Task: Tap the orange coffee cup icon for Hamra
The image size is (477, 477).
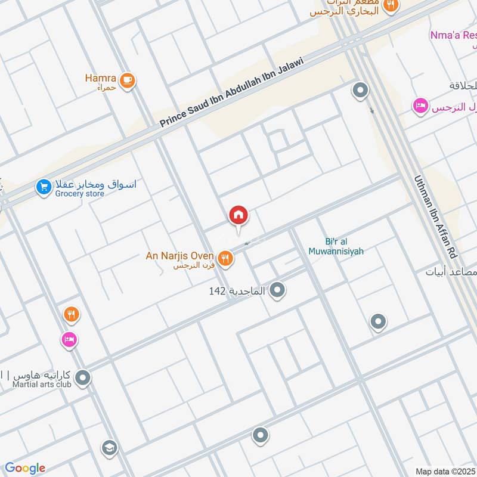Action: (126, 80)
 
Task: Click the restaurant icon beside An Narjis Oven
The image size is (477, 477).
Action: (225, 258)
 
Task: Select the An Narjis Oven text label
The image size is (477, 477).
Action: (179, 256)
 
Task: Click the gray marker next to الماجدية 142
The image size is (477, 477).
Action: (277, 290)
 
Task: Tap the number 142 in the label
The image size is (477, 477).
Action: (216, 291)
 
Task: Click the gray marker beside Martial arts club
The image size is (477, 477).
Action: (83, 378)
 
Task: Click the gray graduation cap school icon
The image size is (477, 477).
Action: (109, 448)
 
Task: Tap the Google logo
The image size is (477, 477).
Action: (24, 468)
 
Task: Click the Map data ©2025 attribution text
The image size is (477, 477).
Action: (444, 471)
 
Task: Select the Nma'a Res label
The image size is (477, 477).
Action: (453, 35)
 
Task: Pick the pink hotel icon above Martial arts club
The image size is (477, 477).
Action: (69, 339)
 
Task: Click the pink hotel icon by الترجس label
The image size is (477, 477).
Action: (420, 107)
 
